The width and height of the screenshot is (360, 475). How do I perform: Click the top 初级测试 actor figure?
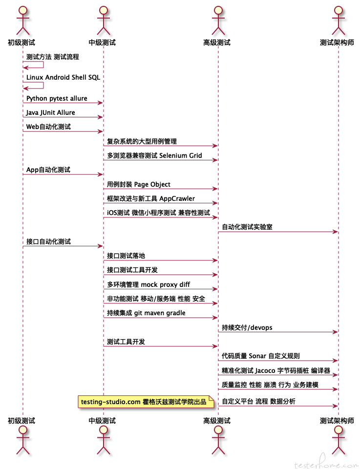tap(22, 21)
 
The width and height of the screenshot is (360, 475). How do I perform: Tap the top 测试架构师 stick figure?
tap(338, 21)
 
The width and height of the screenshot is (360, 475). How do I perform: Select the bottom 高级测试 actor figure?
tap(218, 440)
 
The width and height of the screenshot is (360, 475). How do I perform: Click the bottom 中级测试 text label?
tap(102, 420)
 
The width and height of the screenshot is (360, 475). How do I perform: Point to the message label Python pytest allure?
tap(57, 98)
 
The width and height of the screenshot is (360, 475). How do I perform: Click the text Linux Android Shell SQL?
tap(63, 77)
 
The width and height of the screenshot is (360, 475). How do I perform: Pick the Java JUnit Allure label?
tap(51, 113)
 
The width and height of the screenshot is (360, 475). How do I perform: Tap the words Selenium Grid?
tap(180, 155)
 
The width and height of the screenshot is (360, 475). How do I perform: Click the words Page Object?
tap(152, 184)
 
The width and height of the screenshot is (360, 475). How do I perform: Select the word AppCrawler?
tap(177, 199)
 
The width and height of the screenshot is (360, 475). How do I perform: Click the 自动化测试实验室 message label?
tap(247, 227)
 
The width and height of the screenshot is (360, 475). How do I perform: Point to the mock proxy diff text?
tap(165, 284)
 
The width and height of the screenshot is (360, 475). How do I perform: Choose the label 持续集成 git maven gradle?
tap(146, 313)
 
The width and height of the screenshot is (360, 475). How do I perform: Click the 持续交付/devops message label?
tap(247, 327)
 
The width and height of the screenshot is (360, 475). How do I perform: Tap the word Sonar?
tap(257, 356)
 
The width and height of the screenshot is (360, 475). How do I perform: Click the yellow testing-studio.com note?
tap(146, 402)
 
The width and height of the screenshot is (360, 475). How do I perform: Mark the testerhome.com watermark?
tap(326, 463)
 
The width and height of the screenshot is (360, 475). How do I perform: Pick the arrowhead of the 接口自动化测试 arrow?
tap(101, 246)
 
